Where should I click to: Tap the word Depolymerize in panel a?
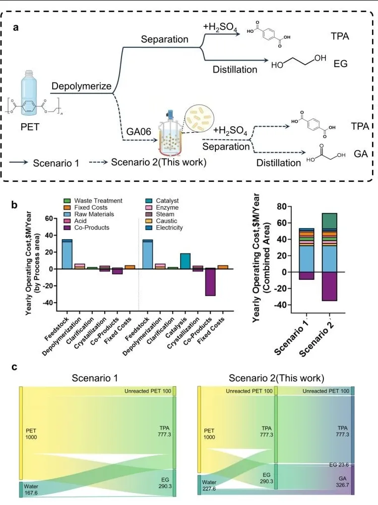(x=81, y=86)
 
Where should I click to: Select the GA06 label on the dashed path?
(x=136, y=132)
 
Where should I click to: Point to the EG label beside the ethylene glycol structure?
(x=340, y=64)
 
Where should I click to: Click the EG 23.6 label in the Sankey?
(x=340, y=465)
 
